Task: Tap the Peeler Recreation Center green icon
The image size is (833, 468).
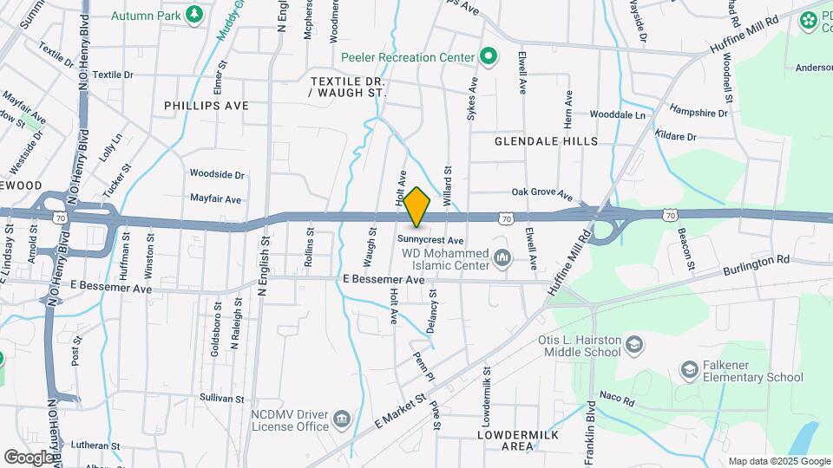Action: pyautogui.click(x=489, y=57)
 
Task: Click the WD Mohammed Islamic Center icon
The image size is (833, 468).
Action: pyautogui.click(x=502, y=257)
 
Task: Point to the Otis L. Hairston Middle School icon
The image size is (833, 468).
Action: pyautogui.click(x=635, y=346)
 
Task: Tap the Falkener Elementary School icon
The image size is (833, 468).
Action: pyautogui.click(x=690, y=370)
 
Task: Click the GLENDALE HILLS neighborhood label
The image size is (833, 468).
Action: pyautogui.click(x=546, y=140)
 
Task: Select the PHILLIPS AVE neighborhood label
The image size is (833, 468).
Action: pyautogui.click(x=207, y=105)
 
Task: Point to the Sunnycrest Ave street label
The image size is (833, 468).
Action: pyautogui.click(x=432, y=239)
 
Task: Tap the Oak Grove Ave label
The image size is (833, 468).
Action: pyautogui.click(x=542, y=193)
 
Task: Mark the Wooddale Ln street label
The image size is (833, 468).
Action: pyautogui.click(x=618, y=114)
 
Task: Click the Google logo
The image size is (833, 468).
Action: pyautogui.click(x=29, y=457)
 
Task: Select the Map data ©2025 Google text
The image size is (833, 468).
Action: pyautogui.click(x=777, y=461)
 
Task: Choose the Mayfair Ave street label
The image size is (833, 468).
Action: pyautogui.click(x=215, y=198)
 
